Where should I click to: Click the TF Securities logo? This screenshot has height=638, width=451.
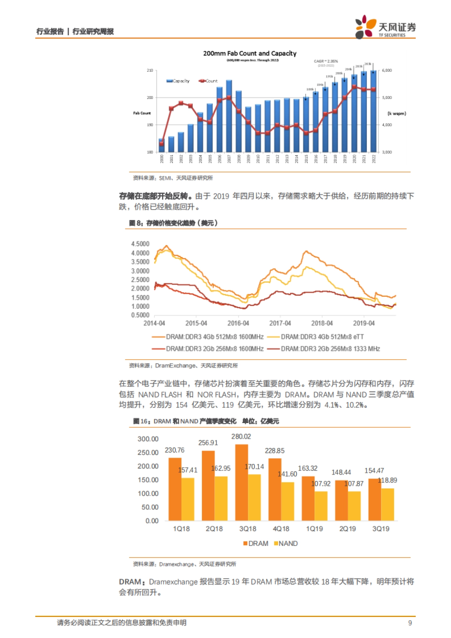(x=385, y=27)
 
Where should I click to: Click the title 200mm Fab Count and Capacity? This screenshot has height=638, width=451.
(x=250, y=53)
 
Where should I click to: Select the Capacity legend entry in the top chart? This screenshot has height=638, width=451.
(x=178, y=81)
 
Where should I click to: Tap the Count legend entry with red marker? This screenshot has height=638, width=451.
(x=208, y=81)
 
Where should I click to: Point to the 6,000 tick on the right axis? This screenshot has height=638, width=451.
(x=387, y=70)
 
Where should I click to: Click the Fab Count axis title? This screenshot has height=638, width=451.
(x=142, y=113)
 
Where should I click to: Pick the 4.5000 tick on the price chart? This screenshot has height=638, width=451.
(x=140, y=244)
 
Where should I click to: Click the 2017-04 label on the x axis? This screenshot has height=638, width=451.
(x=280, y=323)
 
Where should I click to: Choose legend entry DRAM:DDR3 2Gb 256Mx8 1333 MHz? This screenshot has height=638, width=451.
(x=330, y=349)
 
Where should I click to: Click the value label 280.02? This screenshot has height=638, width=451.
(x=241, y=437)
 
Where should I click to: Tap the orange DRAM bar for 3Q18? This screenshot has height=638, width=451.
(x=242, y=483)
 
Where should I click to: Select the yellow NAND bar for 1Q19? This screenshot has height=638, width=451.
(x=321, y=506)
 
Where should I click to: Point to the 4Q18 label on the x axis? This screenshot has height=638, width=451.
(x=281, y=529)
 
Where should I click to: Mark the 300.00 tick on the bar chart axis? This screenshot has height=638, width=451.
(x=148, y=439)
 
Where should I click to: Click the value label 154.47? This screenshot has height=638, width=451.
(x=374, y=471)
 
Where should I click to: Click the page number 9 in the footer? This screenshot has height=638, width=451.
(x=410, y=623)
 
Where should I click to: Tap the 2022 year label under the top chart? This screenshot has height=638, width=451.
(x=374, y=159)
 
